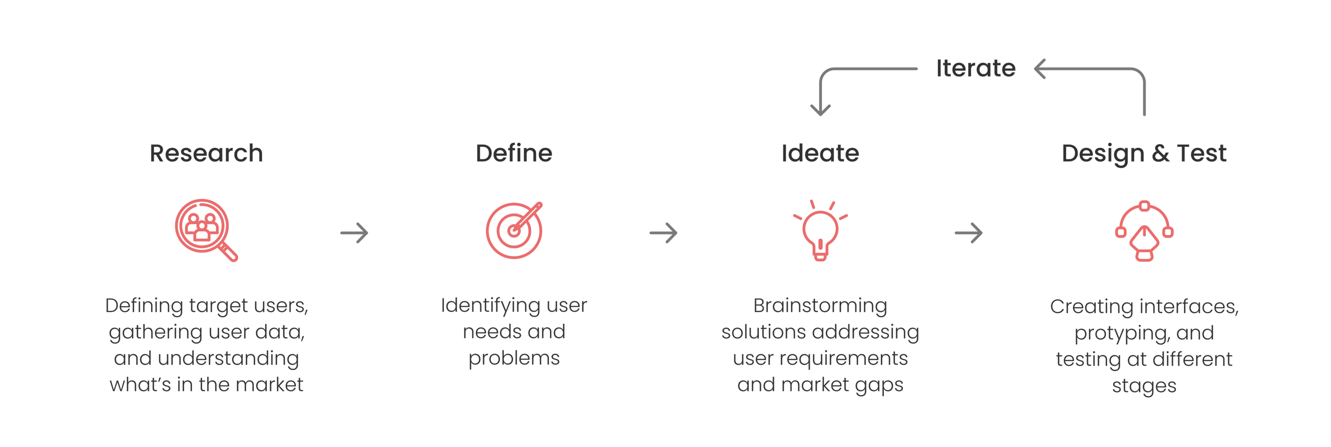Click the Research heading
point(206,154)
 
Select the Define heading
point(513,154)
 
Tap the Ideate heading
point(820,154)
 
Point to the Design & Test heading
point(1144,154)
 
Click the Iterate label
point(975,68)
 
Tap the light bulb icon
point(820,231)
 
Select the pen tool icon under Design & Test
point(1144,231)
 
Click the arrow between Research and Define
point(355,233)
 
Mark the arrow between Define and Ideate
point(664,233)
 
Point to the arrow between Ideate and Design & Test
point(968,233)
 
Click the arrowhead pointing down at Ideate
point(820,109)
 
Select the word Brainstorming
point(820,305)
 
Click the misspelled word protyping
point(1121,333)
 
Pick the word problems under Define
point(513,358)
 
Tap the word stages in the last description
point(1144,386)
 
